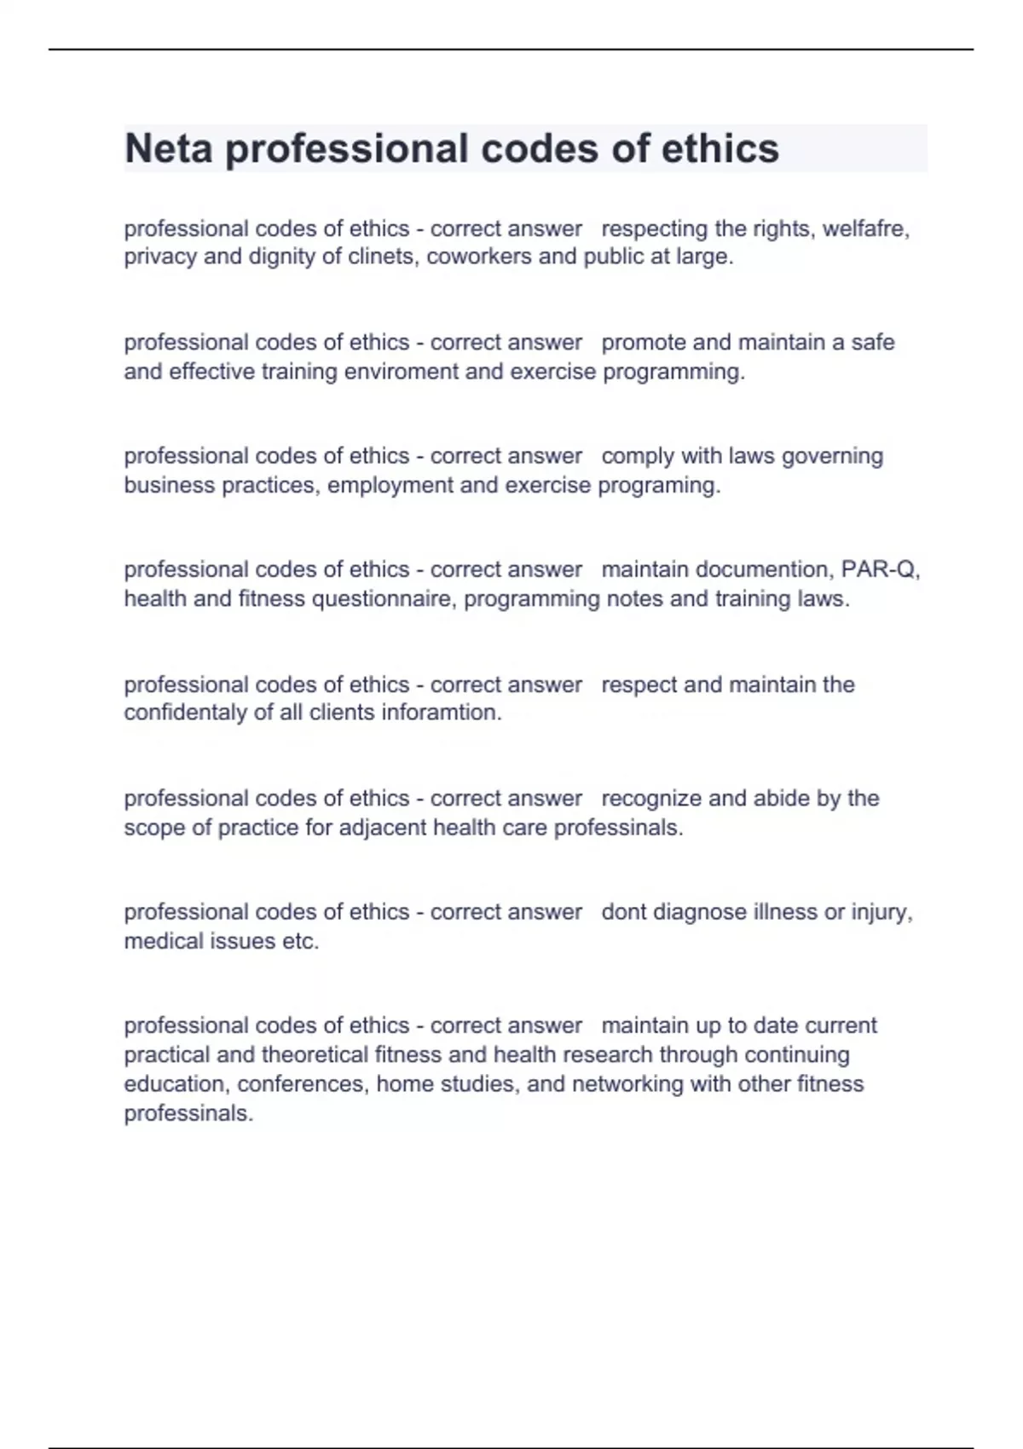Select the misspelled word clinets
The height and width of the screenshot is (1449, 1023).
[x=382, y=257]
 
